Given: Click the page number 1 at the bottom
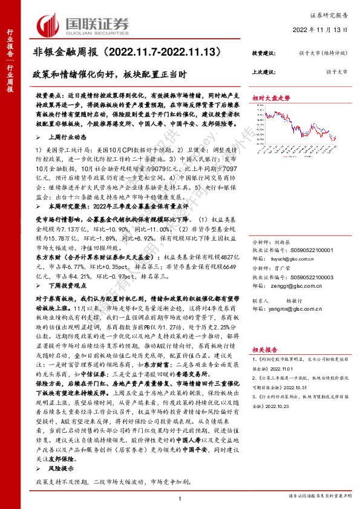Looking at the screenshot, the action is point(180,497).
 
